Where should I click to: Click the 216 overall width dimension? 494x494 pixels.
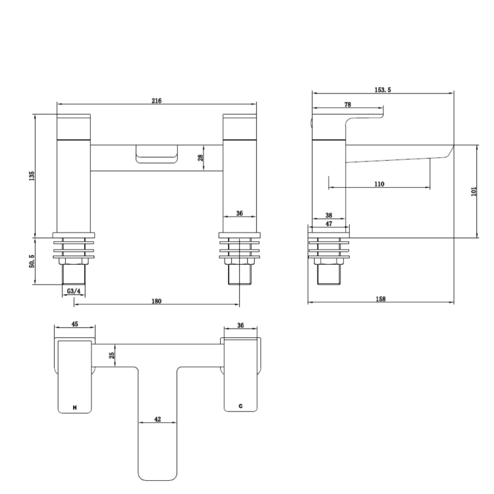tap(156, 101)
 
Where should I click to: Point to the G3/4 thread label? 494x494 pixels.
tap(73, 290)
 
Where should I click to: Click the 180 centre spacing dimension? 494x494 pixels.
tap(156, 301)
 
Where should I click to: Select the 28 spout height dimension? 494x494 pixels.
tap(200, 157)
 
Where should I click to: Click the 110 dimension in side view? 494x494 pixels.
tap(379, 184)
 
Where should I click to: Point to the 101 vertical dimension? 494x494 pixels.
tap(474, 191)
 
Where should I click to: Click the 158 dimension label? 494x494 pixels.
tap(381, 299)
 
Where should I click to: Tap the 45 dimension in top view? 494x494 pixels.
tap(74, 323)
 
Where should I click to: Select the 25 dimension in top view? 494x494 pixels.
tap(113, 355)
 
